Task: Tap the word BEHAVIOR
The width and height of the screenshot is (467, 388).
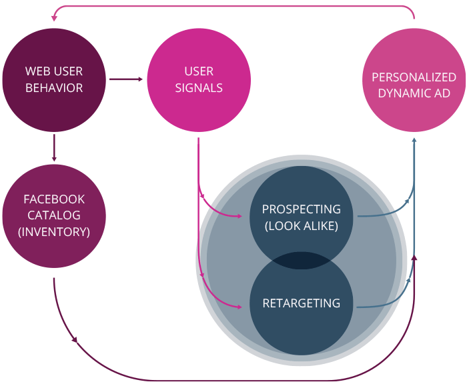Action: pos(54,88)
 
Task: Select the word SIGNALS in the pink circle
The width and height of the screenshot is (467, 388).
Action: pos(199,88)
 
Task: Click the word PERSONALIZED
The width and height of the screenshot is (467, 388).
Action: pos(414,77)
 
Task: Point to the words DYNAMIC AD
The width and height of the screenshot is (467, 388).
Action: pos(414,93)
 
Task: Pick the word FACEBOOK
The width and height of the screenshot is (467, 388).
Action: pos(54,199)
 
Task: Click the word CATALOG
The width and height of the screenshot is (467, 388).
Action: pos(54,215)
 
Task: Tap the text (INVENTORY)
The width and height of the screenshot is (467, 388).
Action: pos(54,231)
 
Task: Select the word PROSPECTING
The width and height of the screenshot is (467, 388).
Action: pos(301,209)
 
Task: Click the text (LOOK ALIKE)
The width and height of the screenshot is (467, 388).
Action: pos(301,225)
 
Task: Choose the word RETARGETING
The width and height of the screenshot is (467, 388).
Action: pos(301,303)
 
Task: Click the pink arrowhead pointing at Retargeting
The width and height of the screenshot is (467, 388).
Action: pos(240,307)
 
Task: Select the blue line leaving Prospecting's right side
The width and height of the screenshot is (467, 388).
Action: pos(380,215)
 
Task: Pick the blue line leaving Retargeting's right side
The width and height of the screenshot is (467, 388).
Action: pos(380,306)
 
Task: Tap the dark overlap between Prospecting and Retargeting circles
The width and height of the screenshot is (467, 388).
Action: pos(301,260)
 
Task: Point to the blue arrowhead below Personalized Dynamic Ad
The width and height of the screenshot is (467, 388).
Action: pos(414,140)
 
